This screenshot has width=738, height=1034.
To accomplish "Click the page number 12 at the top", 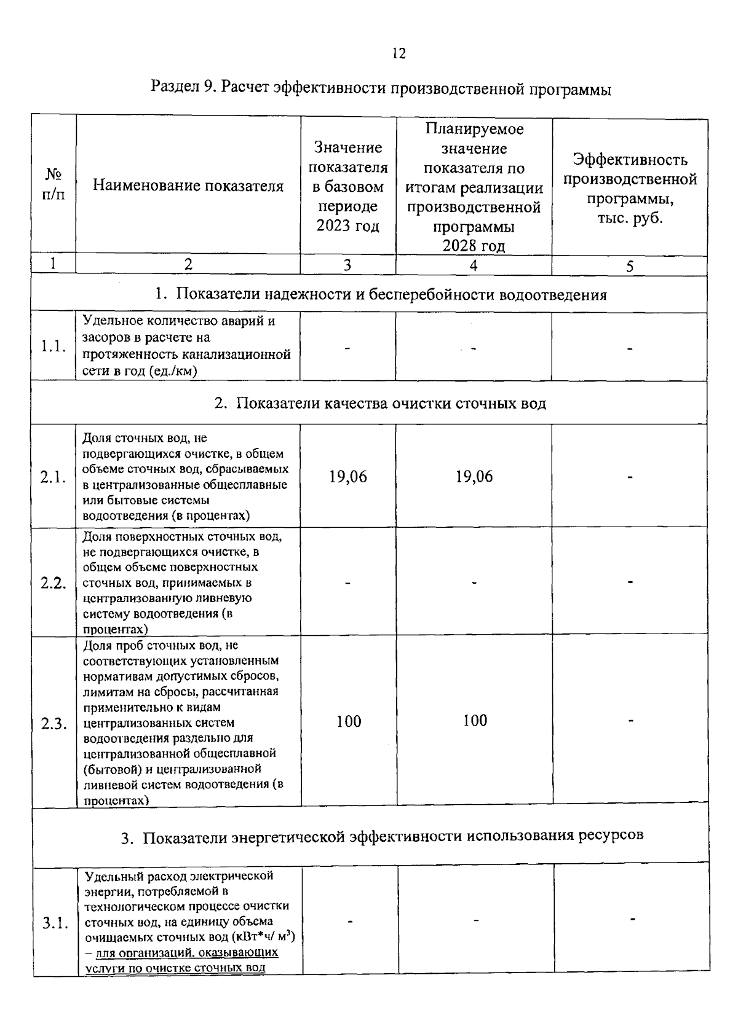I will tap(399, 54).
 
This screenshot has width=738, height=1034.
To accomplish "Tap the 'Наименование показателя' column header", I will tap(188, 186).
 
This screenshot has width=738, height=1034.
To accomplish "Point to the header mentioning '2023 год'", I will tap(348, 187).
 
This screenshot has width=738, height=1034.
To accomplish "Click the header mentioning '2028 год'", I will tap(474, 187).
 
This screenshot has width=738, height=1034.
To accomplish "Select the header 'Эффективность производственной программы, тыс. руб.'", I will tap(630, 189).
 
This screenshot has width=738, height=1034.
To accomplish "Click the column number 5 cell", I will tap(630, 265).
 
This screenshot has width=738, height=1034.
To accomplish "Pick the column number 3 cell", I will tap(347, 265).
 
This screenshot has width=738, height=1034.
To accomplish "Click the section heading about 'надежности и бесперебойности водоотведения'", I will tap(381, 295).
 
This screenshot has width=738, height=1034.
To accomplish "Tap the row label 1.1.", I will tap(54, 347).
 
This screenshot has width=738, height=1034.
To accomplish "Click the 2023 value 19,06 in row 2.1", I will tap(348, 477).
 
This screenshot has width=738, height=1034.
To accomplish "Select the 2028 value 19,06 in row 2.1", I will tap(474, 477).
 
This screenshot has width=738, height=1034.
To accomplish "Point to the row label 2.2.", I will tap(54, 582).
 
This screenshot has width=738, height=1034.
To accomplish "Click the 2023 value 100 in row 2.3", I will tap(349, 721).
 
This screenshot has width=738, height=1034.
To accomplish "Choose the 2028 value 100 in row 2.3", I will tap(475, 721).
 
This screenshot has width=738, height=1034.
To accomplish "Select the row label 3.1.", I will tap(55, 923).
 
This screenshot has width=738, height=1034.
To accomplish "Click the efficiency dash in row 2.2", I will tap(630, 581).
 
